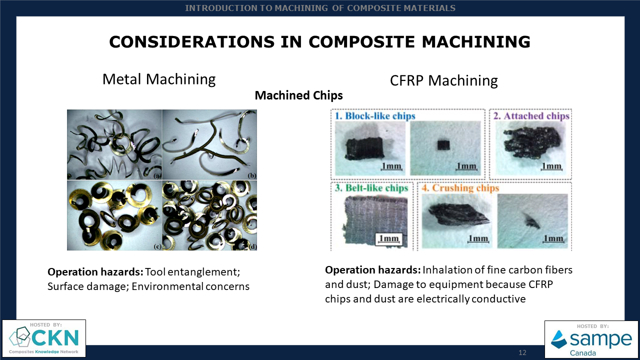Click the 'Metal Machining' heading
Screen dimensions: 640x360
point(159,79)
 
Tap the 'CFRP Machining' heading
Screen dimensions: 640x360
point(443,80)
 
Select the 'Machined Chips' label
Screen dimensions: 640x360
point(298,95)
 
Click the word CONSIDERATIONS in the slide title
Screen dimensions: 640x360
point(191,41)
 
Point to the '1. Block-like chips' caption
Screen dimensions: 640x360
point(375,115)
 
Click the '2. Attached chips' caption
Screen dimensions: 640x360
point(531,115)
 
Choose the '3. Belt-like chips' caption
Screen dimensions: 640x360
point(371,187)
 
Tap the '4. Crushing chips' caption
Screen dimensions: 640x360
point(460,187)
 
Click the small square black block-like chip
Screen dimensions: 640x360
point(443,145)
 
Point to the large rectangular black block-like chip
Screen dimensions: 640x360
point(364,148)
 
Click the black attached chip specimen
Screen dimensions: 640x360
point(532,142)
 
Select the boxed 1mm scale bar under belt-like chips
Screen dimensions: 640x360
point(388,239)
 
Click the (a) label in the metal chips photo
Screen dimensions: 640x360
point(157,176)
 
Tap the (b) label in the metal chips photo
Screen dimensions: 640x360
point(252,175)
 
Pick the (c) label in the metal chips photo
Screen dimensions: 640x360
point(157,246)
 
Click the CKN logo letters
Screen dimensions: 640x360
point(55,338)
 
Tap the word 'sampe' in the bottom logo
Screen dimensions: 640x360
point(601,339)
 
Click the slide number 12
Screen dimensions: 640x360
point(522,352)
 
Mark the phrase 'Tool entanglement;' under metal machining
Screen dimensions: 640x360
point(192,272)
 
